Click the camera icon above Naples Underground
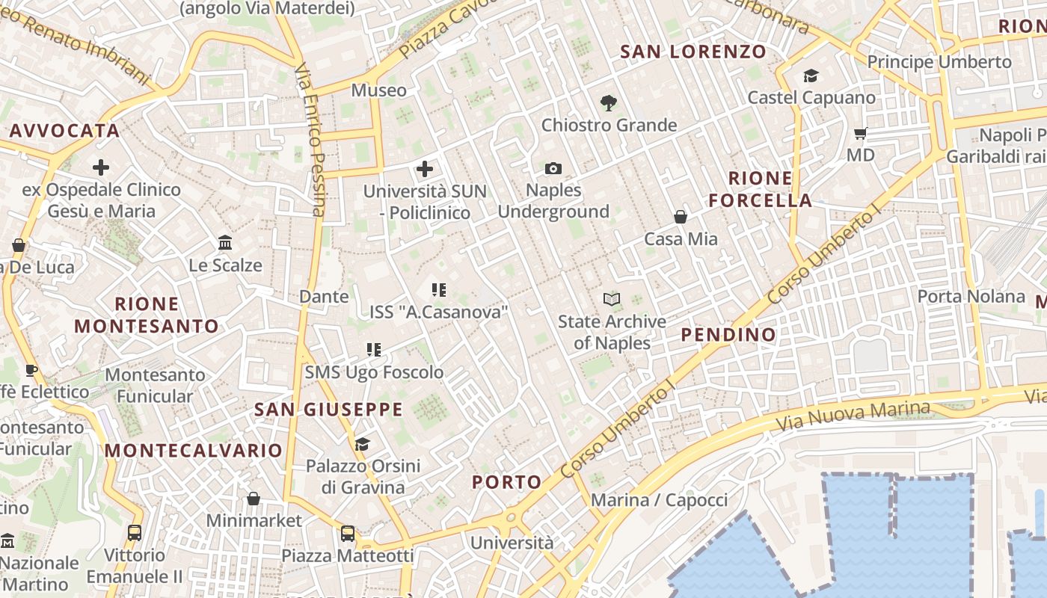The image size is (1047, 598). [x=553, y=168]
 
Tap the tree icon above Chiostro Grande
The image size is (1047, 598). [x=609, y=103]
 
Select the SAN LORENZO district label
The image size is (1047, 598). [x=693, y=52]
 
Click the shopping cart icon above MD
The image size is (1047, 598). [x=861, y=134]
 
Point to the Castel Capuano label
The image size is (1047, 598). [x=811, y=97]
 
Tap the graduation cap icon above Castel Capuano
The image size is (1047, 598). [x=811, y=75]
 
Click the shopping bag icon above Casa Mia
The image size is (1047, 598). [x=681, y=217]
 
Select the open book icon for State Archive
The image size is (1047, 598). [x=612, y=300]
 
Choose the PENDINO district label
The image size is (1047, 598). [x=728, y=334]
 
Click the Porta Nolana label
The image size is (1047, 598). [x=971, y=296]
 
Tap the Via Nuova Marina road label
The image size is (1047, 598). [x=853, y=416]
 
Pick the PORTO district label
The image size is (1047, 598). [x=506, y=482]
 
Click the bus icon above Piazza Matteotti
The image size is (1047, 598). [x=348, y=534]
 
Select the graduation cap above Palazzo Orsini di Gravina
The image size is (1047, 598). [x=362, y=445]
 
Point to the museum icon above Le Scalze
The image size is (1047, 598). [x=225, y=243]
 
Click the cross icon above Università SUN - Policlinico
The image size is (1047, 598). [x=425, y=169]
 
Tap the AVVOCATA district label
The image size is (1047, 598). [x=64, y=131]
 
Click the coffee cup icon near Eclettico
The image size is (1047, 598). [x=31, y=370]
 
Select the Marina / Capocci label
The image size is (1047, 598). [x=659, y=500]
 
